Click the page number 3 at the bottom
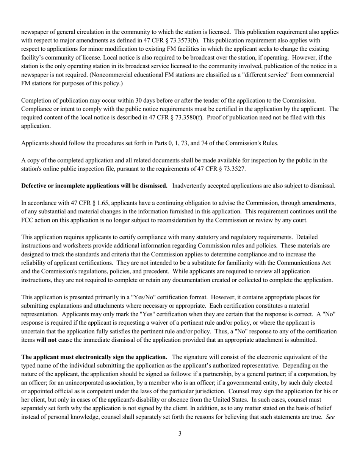pyautogui.click(x=180, y=433)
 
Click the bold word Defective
pyautogui.click(x=37, y=186)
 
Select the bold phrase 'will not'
pyautogui.click(x=46, y=340)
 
